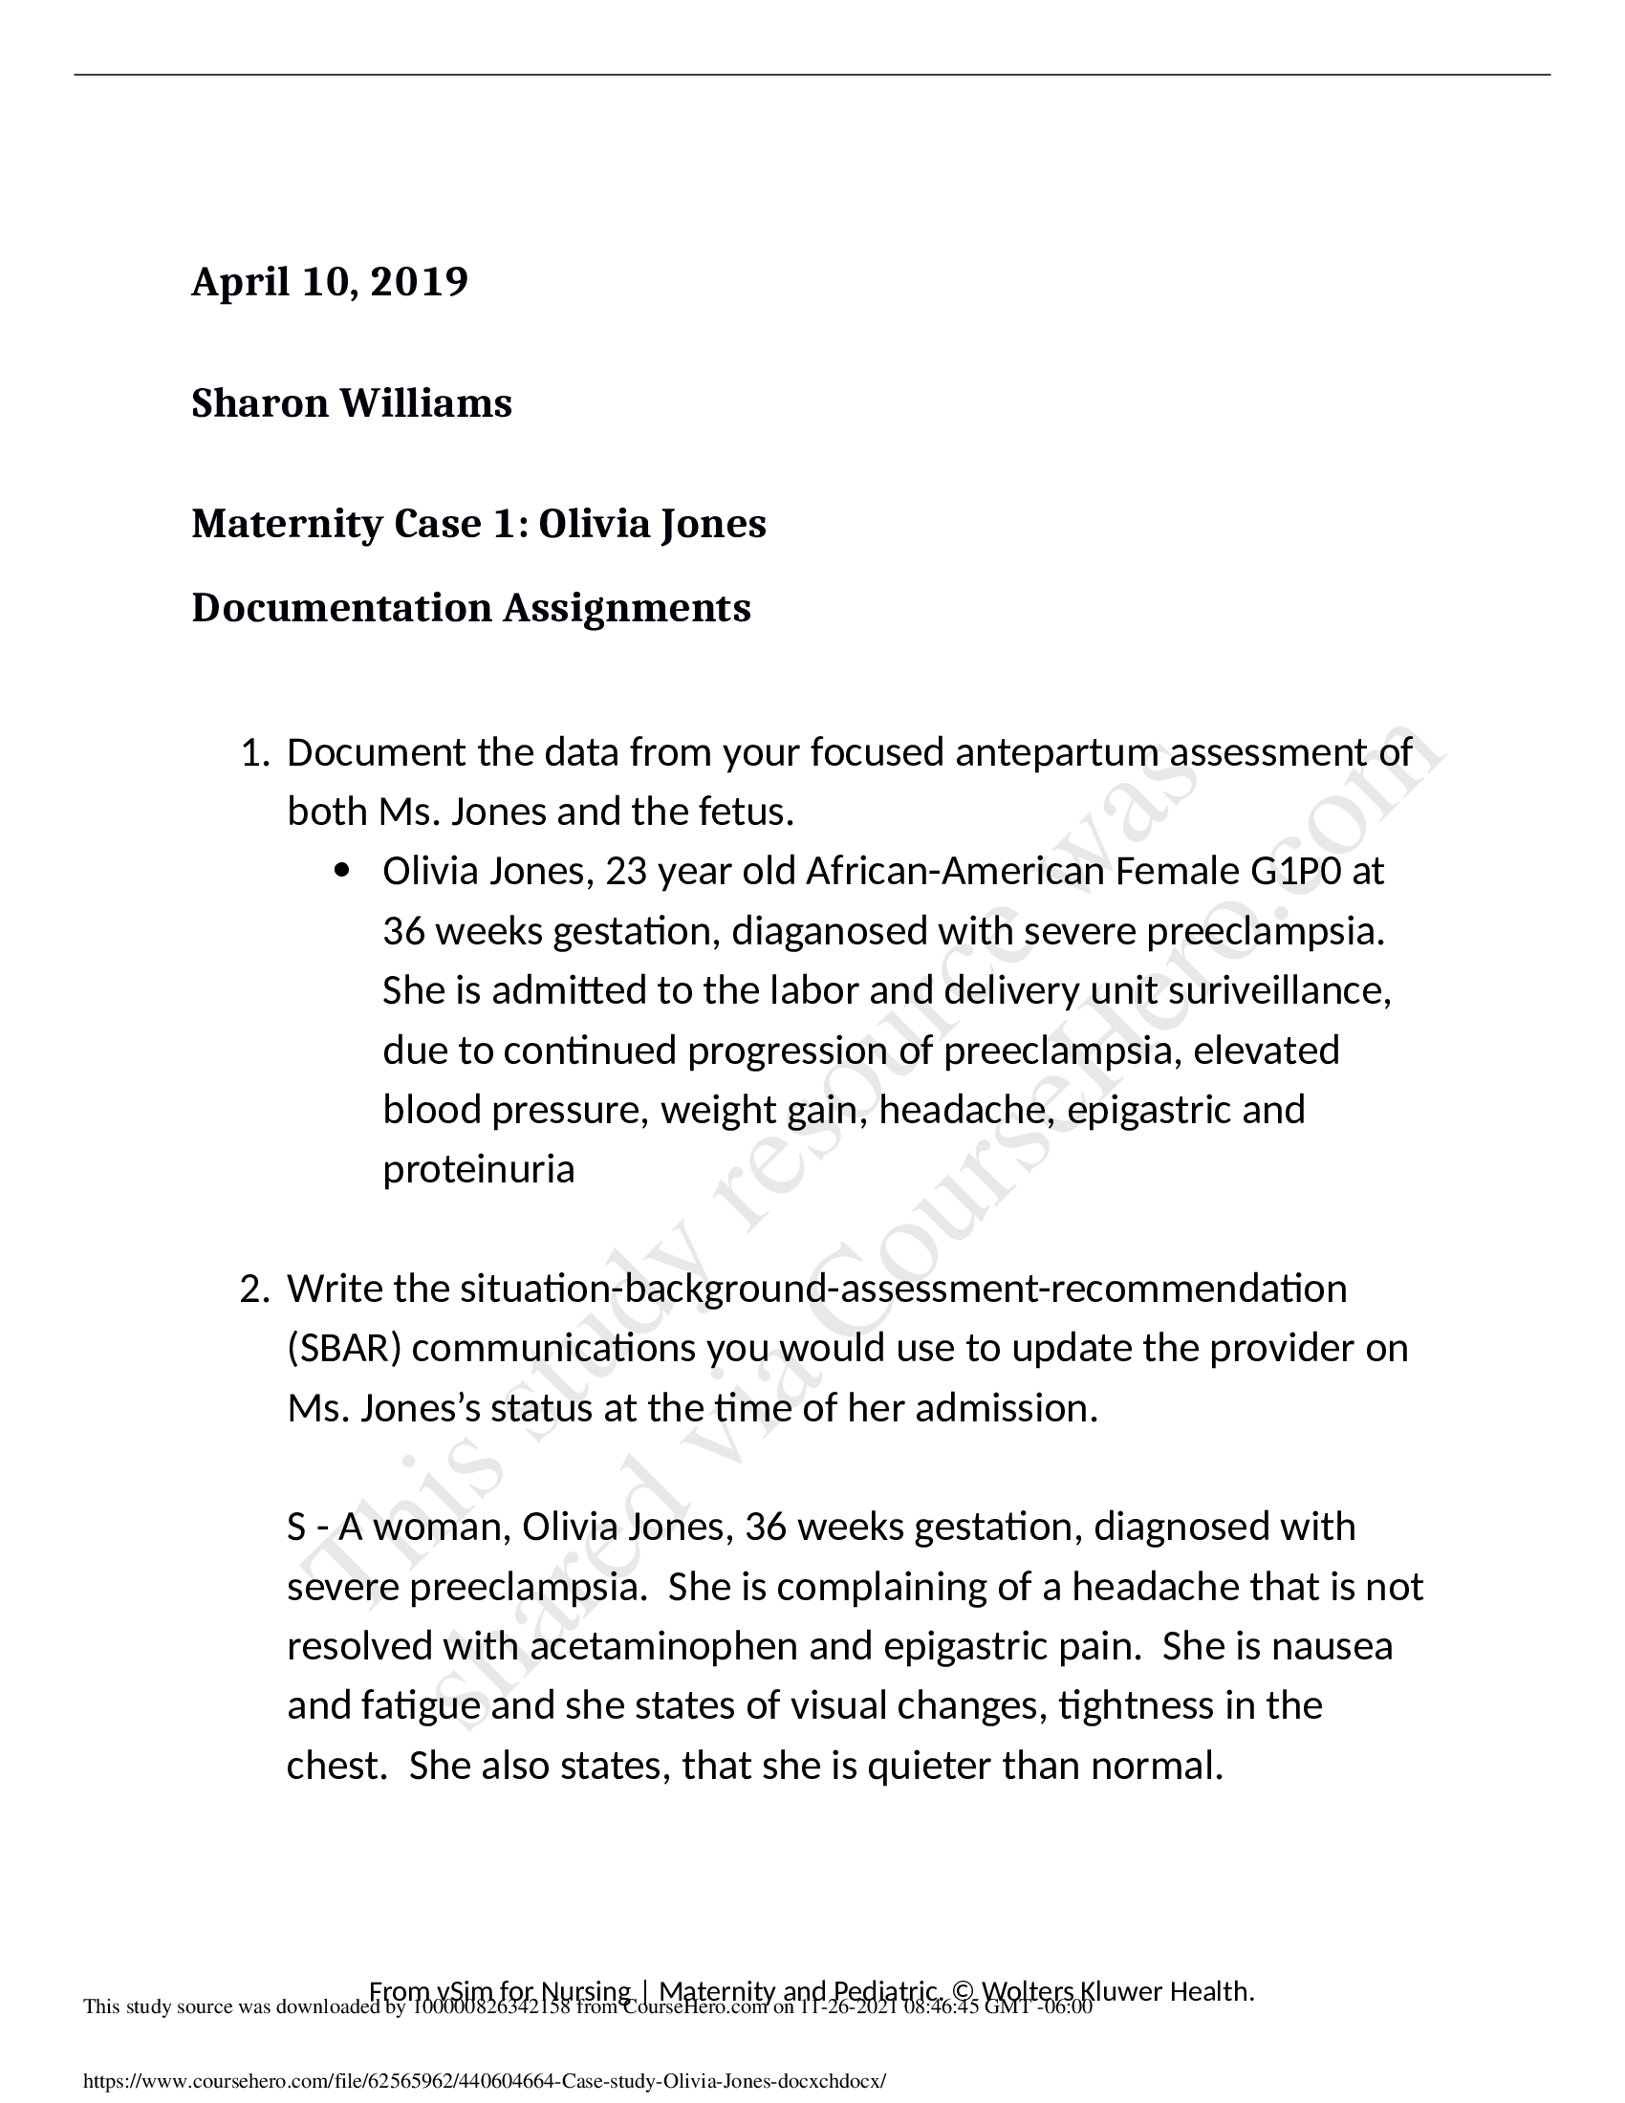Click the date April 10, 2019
coord(329,282)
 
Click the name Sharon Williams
coord(352,403)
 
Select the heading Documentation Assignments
coord(470,609)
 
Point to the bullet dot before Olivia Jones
coord(343,873)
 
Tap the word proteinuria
coord(479,1170)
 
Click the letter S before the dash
coord(296,1528)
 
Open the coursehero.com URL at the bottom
coord(485,2081)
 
